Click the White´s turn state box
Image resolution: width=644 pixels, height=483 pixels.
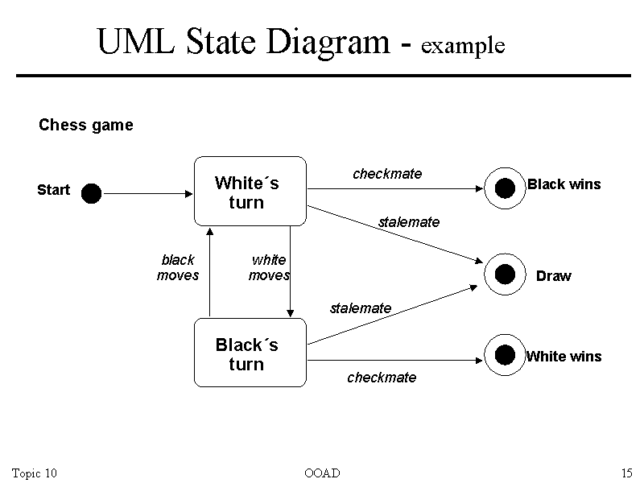(250, 192)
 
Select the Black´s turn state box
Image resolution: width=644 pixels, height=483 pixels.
(250, 353)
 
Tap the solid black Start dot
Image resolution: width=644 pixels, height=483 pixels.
(91, 193)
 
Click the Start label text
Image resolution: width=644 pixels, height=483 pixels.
(54, 190)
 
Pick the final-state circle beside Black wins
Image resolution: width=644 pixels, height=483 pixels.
(505, 188)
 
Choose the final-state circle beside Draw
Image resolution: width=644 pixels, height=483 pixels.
(505, 274)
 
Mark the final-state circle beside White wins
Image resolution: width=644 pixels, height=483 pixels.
(505, 354)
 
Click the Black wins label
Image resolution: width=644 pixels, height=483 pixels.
(563, 184)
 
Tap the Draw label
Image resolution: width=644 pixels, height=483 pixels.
(553, 276)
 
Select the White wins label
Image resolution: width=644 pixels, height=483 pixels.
(563, 357)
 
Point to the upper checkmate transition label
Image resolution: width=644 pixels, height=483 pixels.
(387, 174)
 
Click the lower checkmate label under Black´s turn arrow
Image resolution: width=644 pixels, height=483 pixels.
(382, 378)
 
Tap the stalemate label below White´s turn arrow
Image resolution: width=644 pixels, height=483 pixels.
(409, 222)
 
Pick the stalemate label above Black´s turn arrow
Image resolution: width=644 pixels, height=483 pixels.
(361, 308)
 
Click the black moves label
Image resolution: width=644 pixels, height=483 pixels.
(178, 267)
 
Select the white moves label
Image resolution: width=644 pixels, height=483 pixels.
(269, 267)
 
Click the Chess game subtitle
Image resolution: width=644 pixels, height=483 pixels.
(86, 126)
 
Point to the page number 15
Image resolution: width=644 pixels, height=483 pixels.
(626, 473)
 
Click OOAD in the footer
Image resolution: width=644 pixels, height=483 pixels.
(322, 473)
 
